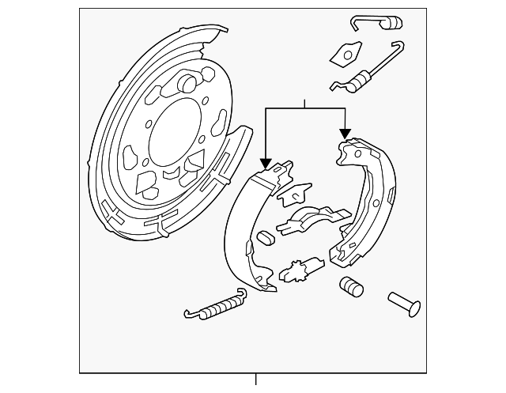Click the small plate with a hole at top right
point(343,53)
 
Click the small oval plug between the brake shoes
point(266,236)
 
